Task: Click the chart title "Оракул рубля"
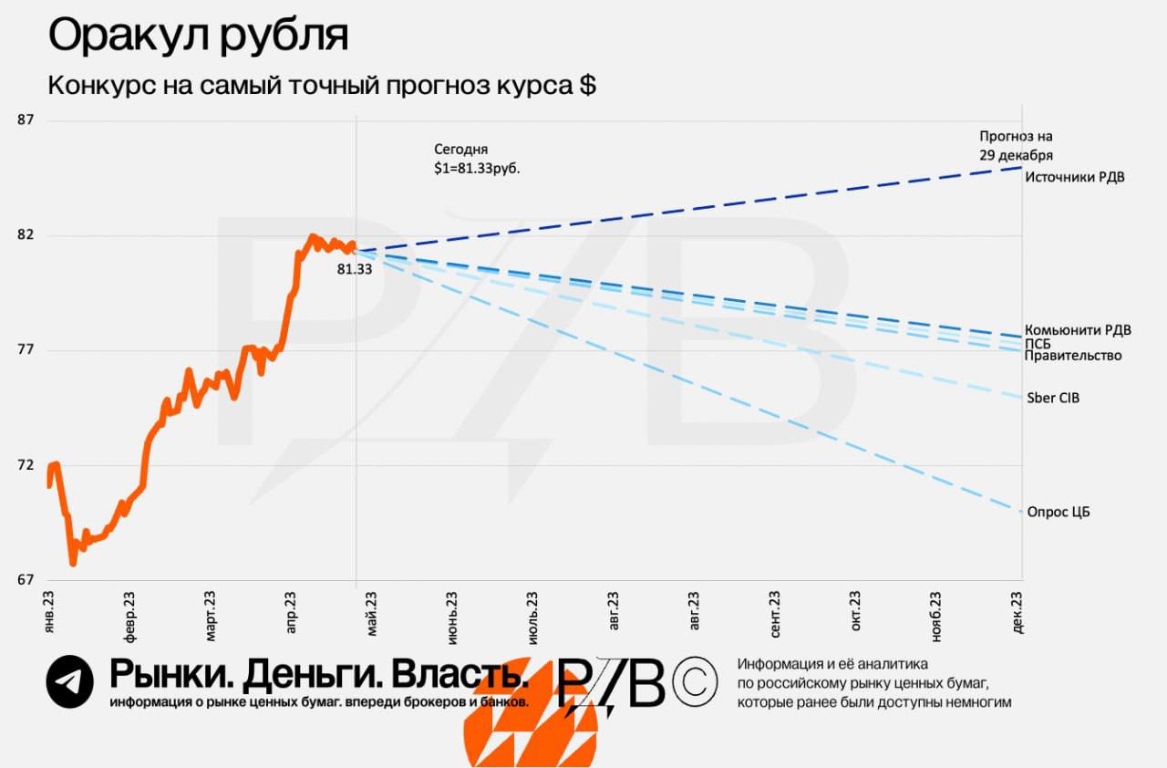click(198, 36)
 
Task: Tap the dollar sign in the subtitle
click(587, 86)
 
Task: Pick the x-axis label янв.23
click(49, 612)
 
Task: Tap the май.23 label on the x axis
click(371, 612)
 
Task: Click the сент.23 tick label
click(775, 614)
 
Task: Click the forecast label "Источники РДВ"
click(1074, 177)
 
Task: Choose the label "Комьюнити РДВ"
click(1078, 330)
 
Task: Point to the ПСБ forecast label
click(1038, 343)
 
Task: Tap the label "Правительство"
click(1072, 356)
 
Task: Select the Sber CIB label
click(1053, 398)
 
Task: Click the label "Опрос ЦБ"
click(1058, 512)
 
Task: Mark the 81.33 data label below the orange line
click(354, 270)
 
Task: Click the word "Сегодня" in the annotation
click(461, 149)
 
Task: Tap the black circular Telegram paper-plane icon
click(70, 681)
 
